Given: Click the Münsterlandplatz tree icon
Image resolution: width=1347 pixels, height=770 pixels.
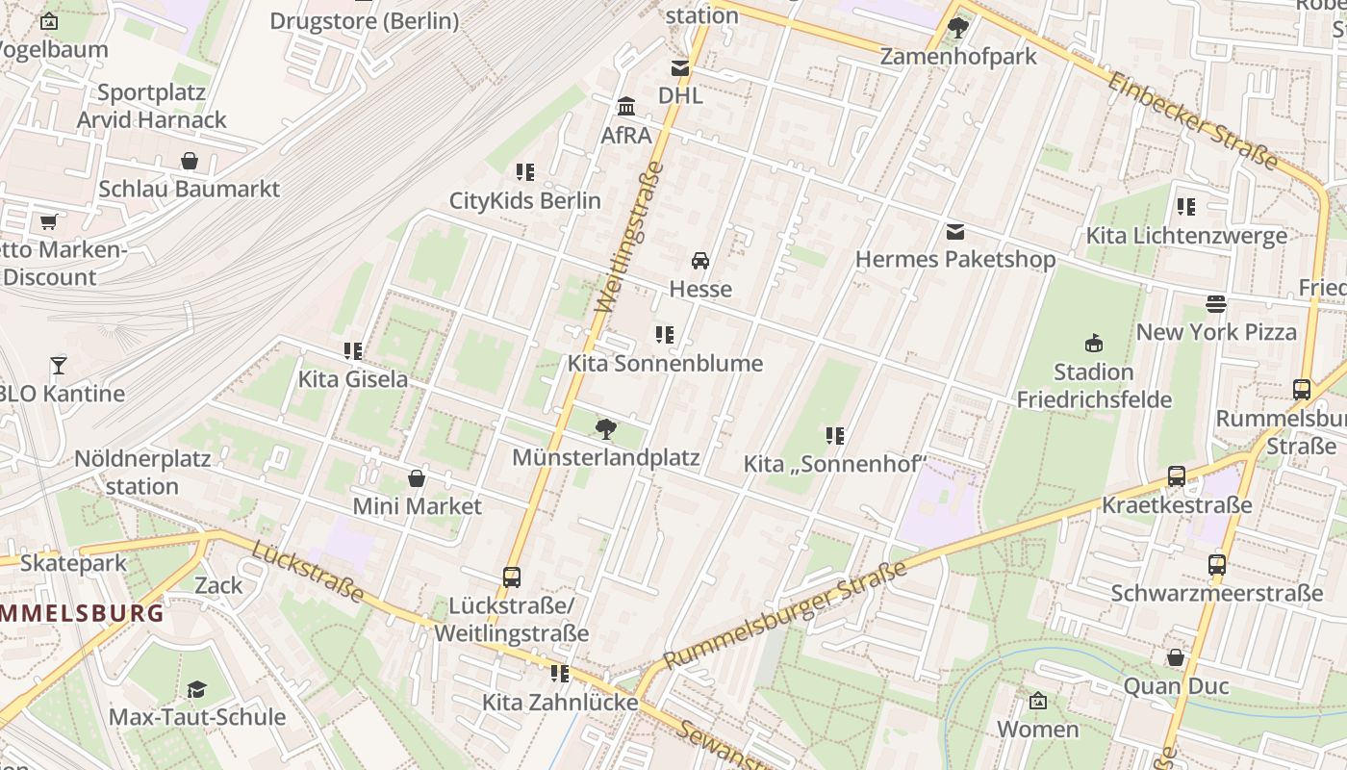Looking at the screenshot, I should pos(605,428).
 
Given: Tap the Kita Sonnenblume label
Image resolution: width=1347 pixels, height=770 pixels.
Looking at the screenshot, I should pos(665,363).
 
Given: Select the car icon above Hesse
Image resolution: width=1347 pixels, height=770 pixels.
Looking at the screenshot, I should pos(700,261).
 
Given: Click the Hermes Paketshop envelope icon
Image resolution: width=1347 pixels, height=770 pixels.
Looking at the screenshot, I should pos(955,231).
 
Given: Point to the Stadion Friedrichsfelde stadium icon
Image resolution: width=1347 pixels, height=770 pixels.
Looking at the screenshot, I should pos(1093,343).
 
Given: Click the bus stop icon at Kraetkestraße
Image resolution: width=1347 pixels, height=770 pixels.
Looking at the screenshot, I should pos(1176,476).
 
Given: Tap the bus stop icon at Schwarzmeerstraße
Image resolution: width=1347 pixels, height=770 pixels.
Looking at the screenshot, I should pos(1217,565).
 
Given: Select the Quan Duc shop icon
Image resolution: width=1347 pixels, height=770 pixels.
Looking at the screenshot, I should pos(1176,657).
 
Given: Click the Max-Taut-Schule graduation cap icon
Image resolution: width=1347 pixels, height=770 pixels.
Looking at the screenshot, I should pos(196,689).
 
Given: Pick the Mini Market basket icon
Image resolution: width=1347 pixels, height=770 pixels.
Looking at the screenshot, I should pos(417,478).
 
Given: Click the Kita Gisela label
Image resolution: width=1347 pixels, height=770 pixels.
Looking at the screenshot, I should pos(352,379).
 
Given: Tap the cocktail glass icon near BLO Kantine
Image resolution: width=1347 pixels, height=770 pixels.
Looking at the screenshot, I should pos(59,366).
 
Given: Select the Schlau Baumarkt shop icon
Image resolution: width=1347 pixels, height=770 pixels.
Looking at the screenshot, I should pos(190,161).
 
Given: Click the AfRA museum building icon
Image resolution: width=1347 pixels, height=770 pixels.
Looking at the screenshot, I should pos(626,106).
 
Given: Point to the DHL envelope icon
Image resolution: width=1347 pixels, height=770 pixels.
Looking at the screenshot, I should pos(680,68).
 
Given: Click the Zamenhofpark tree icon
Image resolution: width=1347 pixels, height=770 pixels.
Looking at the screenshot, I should pos(957,28).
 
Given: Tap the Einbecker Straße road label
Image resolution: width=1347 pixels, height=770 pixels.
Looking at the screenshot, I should pos(1193,119).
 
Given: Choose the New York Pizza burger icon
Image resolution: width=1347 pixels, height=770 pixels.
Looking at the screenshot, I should pos(1216,304).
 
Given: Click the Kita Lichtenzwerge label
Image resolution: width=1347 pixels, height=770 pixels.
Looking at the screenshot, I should pos(1186,236).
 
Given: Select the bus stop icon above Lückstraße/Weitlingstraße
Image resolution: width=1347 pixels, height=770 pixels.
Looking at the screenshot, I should pos(512,577).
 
